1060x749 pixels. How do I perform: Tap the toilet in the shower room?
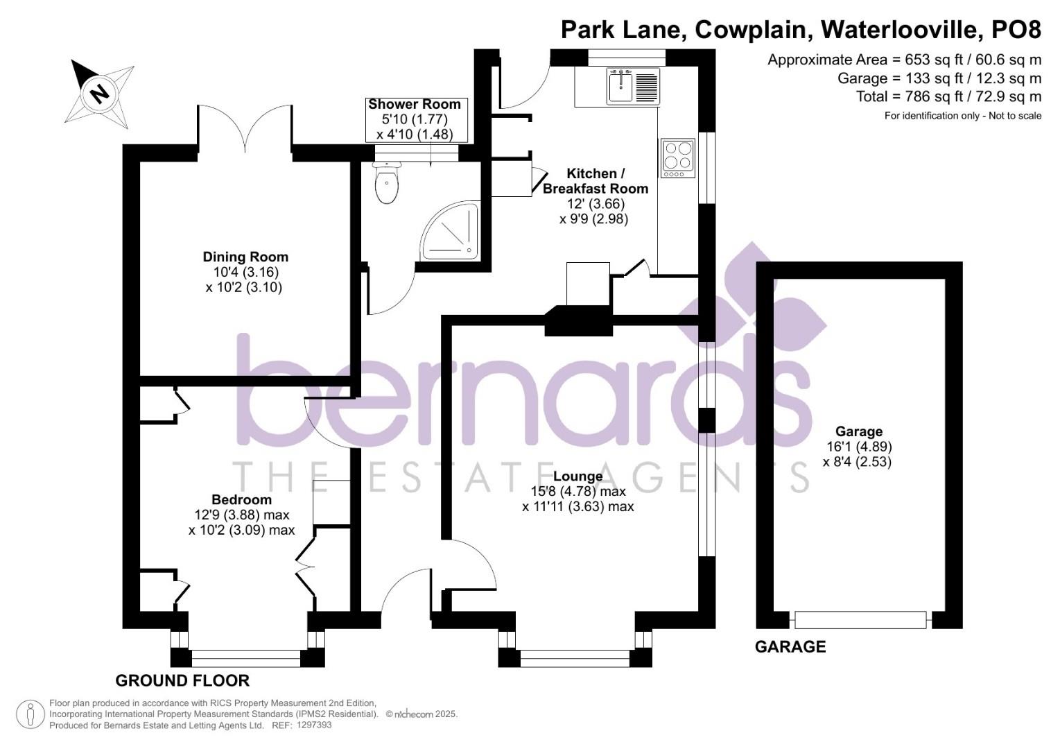[387, 184]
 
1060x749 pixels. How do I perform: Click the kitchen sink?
[621, 87]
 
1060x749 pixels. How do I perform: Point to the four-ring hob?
[677, 158]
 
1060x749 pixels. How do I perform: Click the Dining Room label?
[245, 257]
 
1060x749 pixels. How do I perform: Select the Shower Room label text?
[415, 105]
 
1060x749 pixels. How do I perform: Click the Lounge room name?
[577, 476]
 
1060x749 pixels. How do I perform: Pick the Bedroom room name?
[241, 499]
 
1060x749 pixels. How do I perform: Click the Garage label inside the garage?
[858, 431]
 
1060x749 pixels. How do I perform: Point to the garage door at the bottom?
[860, 619]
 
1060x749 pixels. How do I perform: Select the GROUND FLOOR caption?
[182, 680]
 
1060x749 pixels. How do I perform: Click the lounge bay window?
[575, 657]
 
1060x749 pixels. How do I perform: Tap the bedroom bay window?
[247, 657]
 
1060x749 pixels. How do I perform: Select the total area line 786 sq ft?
[948, 96]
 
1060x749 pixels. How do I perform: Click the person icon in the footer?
[30, 714]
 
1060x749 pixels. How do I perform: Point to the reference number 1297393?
[314, 725]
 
